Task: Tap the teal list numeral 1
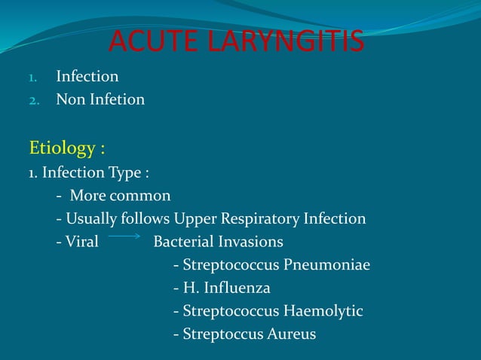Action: pos(32,77)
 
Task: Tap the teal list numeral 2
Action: pos(32,99)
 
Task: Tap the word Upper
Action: pos(196,219)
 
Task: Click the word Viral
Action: pos(82,242)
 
